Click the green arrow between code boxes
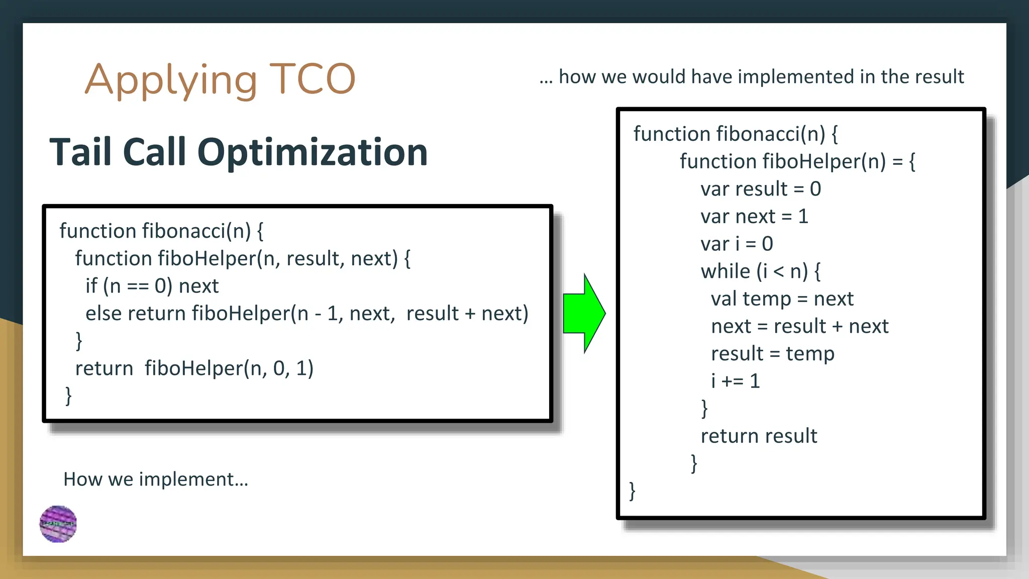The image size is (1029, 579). point(583,314)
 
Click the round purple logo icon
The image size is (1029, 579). point(58,524)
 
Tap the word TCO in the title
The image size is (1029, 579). point(312,79)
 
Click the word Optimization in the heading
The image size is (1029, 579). point(312,152)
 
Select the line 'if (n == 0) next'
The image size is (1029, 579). point(152,286)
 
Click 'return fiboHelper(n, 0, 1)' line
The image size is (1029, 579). point(194,368)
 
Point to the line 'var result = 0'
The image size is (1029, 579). point(761,189)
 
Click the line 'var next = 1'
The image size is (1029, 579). point(754,217)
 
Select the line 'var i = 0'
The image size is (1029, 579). point(737,244)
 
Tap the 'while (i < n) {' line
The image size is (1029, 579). point(761,271)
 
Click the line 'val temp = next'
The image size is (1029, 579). point(782,299)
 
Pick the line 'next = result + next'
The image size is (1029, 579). point(799,326)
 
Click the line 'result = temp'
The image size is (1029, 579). point(772,354)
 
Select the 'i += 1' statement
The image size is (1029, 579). point(735,381)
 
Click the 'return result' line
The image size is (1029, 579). point(759,436)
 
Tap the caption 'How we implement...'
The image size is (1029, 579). point(156,479)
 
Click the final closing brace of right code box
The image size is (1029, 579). point(632,491)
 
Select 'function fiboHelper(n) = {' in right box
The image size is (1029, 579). point(797,162)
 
